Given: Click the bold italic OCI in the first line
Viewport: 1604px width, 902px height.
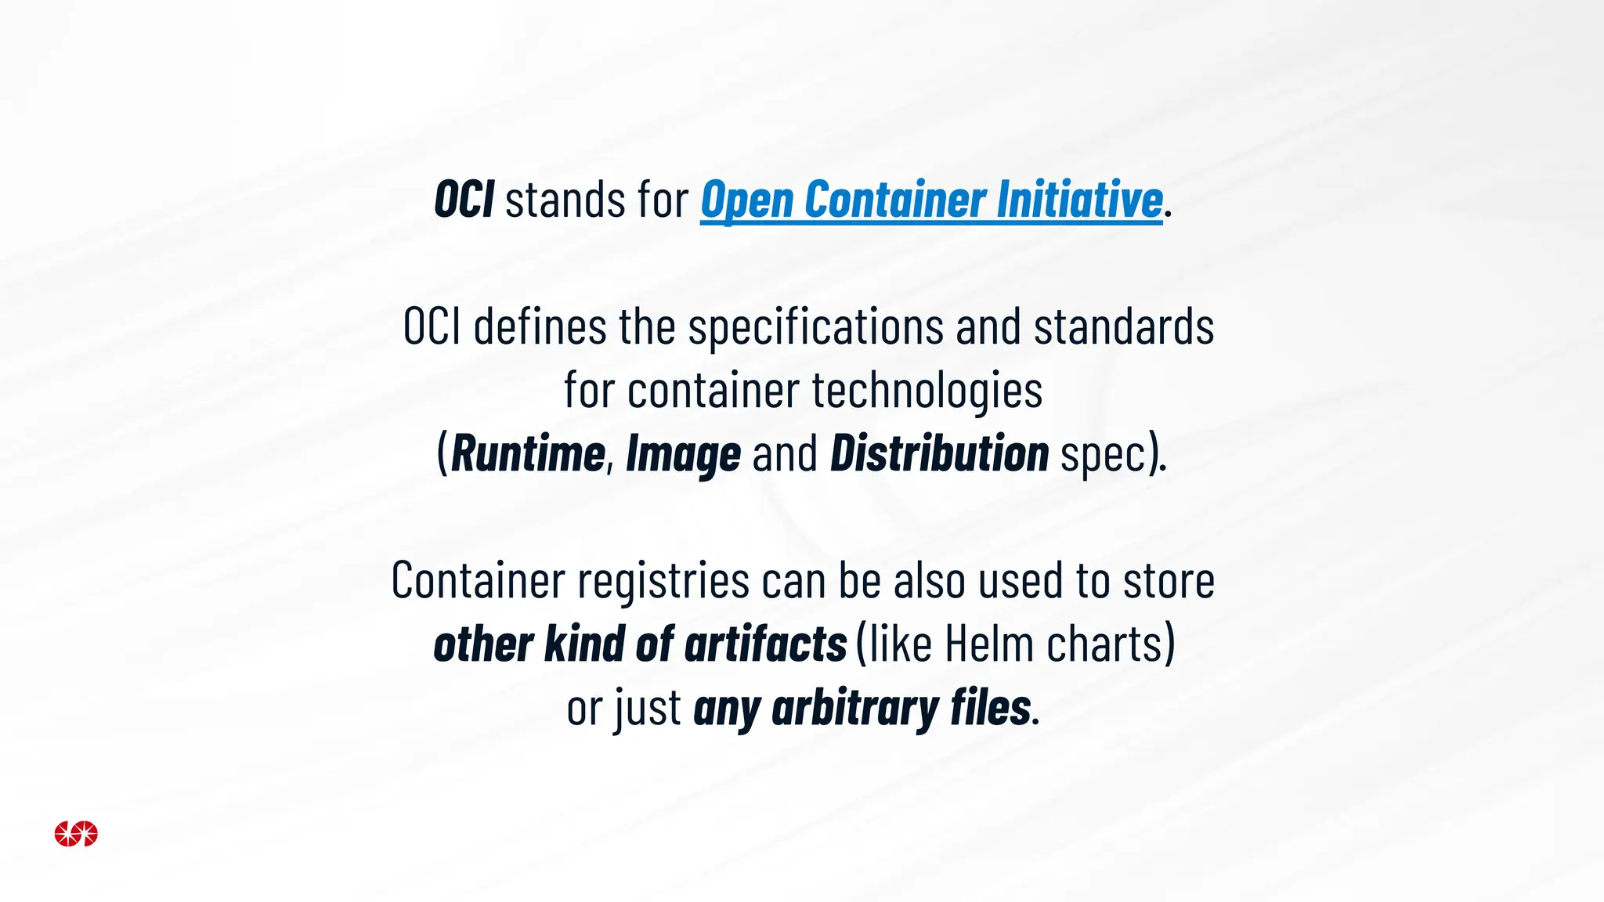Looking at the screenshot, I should (x=464, y=200).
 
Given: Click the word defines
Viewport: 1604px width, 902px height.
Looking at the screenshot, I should (x=540, y=327).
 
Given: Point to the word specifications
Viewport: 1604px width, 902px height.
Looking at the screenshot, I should (x=816, y=328).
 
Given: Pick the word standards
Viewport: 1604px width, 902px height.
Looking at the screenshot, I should (x=1124, y=327).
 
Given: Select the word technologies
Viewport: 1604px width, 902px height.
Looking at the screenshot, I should (x=927, y=391).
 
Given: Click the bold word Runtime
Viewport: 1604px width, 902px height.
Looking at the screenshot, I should (x=528, y=454).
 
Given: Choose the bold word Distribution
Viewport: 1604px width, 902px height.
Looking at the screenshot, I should (x=939, y=454).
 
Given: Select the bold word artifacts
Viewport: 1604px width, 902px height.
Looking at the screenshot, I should (x=765, y=644).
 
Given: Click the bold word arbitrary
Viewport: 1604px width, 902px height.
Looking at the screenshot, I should (x=855, y=709).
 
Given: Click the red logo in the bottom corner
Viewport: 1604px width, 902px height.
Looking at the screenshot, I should (x=76, y=834).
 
